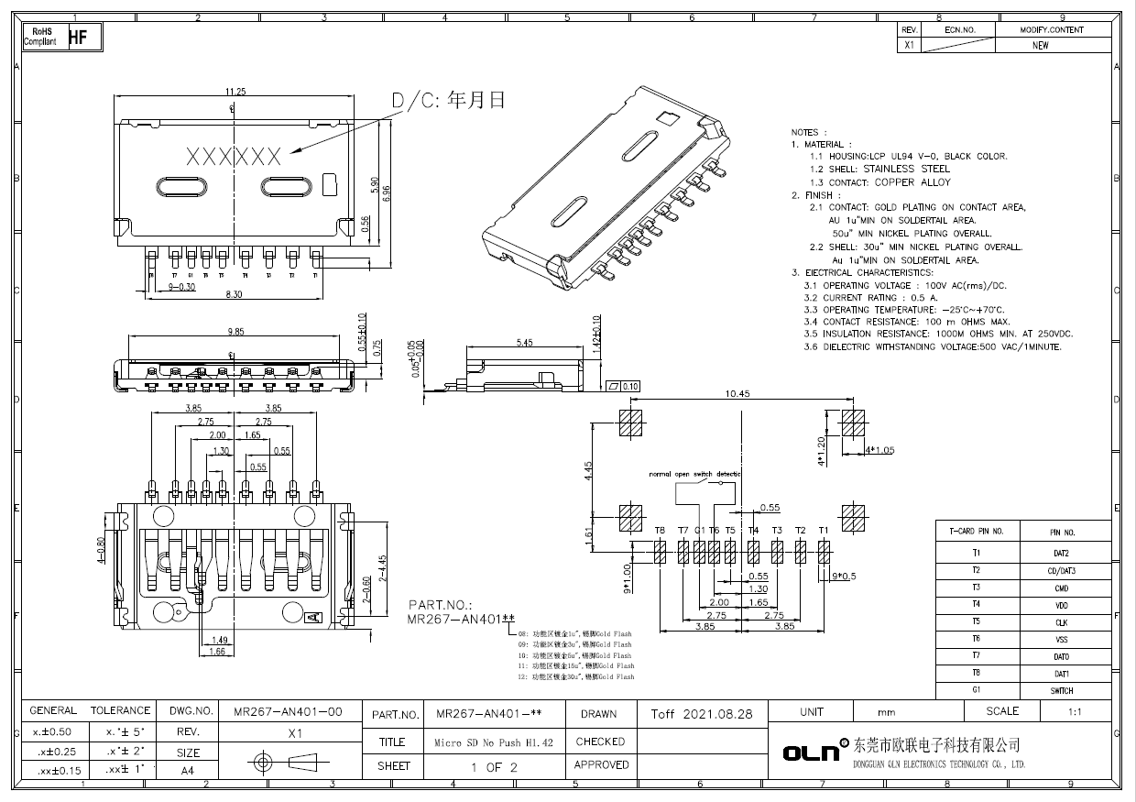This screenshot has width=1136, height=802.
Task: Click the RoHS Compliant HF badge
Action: [x=61, y=37]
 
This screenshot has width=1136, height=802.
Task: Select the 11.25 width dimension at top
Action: [x=235, y=92]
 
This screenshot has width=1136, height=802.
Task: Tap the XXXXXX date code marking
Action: [x=234, y=157]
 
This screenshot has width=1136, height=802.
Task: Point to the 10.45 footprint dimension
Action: [x=738, y=393]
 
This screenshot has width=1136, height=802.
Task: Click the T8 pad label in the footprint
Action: [x=660, y=531]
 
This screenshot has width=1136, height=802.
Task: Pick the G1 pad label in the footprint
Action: [x=699, y=531]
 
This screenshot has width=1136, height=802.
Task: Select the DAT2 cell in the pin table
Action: [x=1061, y=554]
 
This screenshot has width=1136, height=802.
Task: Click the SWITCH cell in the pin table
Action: [x=1061, y=691]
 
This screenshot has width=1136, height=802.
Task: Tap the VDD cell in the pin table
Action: [x=1061, y=605]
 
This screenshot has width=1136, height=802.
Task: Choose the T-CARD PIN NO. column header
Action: [x=977, y=532]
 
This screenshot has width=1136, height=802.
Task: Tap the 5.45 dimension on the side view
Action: [x=524, y=343]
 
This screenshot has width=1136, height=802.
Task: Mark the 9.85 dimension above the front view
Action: [x=236, y=332]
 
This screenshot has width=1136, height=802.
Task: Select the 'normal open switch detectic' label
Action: [x=695, y=474]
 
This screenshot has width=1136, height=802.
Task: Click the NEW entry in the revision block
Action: [x=1040, y=45]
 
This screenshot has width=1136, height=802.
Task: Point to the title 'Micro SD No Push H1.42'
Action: [x=493, y=742]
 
